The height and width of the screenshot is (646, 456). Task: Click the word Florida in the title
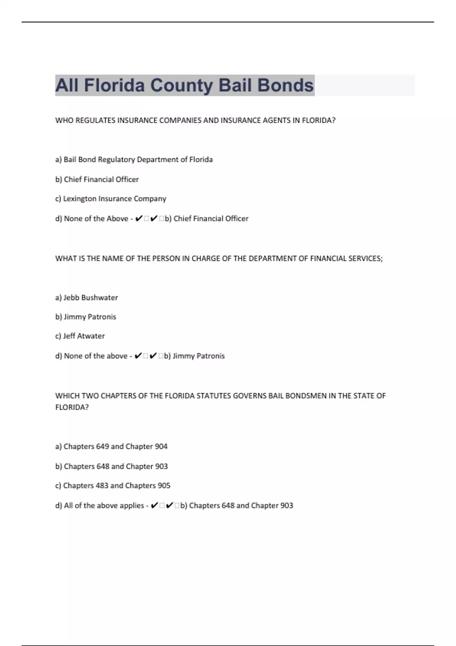coord(114,85)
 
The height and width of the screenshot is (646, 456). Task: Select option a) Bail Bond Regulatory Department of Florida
coord(134,160)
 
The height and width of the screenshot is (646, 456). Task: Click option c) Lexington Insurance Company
coord(111,199)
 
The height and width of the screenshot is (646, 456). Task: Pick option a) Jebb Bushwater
coord(87,298)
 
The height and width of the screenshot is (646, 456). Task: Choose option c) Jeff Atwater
coord(80,336)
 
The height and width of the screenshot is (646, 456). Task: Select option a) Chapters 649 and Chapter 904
coord(111,446)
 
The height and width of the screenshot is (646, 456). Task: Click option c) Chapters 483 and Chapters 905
coord(113,486)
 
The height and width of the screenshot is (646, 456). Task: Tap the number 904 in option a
coord(161,446)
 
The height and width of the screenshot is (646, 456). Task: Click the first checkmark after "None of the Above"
coord(139,218)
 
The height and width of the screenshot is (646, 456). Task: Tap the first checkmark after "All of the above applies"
coord(154,506)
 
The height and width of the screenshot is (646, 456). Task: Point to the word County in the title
coord(182,85)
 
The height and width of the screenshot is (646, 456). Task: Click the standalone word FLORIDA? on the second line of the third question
coord(72,407)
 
